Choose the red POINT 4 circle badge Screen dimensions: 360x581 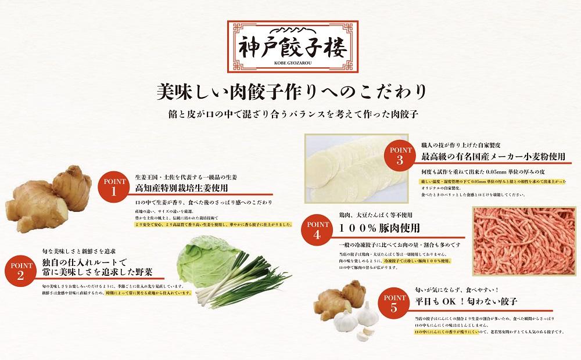(316, 231)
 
